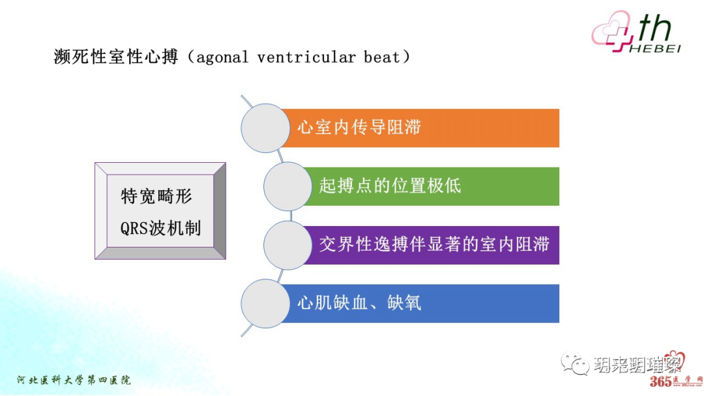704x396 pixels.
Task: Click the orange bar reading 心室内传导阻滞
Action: coord(424,128)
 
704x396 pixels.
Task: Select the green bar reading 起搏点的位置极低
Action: coord(430,186)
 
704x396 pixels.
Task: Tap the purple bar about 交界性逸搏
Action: coord(433,245)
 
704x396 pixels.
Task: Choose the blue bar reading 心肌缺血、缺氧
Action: coord(424,303)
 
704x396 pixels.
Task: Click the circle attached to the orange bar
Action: coord(265,128)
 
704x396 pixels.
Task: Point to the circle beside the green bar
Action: coord(287,186)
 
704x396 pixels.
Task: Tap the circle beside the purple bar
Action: coord(287,245)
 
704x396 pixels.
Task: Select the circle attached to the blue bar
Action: coord(265,303)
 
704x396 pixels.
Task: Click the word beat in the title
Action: coord(381,57)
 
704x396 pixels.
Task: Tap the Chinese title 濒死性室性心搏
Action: coord(115,57)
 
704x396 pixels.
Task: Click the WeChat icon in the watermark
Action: coord(574,362)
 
